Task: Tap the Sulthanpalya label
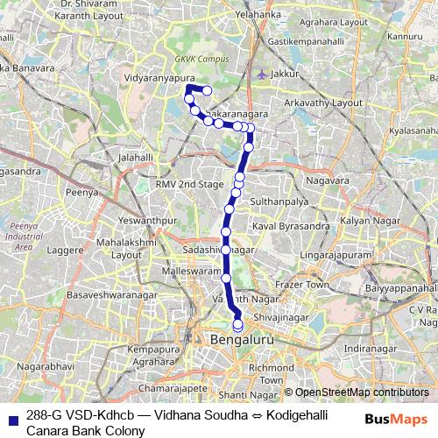[x=279, y=201]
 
